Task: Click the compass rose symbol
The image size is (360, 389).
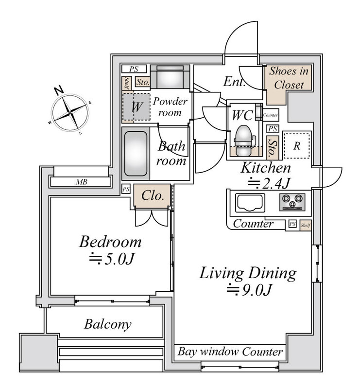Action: click(71, 112)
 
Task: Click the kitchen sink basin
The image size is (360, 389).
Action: click(250, 202)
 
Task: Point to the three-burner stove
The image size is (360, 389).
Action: click(292, 202)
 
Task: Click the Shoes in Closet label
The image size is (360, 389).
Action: click(289, 78)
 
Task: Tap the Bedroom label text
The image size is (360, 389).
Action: click(111, 241)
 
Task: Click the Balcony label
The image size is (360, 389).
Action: click(108, 324)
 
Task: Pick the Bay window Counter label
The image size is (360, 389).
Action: click(230, 351)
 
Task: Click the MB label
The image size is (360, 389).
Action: click(81, 182)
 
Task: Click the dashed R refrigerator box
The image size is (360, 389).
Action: click(296, 145)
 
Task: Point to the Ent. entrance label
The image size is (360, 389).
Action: click(234, 82)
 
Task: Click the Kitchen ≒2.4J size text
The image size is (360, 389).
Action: click(266, 184)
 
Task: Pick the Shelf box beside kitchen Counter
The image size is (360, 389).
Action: click(305, 225)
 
